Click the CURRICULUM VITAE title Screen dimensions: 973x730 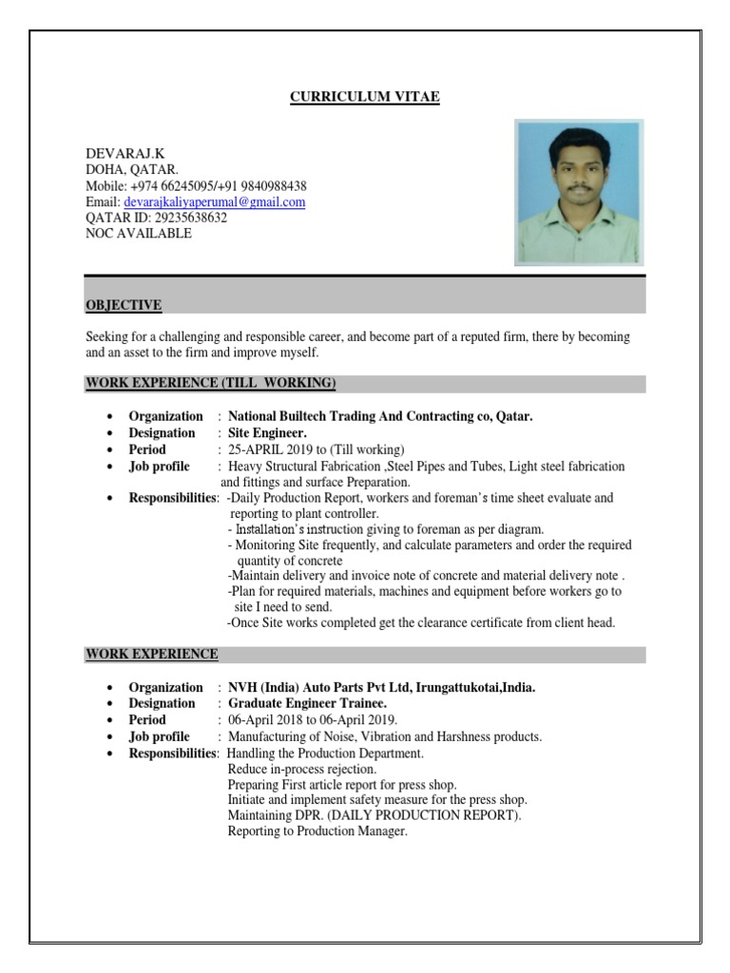(x=365, y=97)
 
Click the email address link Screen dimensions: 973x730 (x=215, y=202)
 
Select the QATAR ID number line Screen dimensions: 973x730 (x=157, y=218)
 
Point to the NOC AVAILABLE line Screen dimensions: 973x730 (x=138, y=233)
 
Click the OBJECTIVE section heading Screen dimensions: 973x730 (x=124, y=305)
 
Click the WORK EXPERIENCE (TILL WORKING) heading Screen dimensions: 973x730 (x=210, y=383)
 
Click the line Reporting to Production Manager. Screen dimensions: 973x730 (x=317, y=831)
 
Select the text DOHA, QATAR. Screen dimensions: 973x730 (x=125, y=170)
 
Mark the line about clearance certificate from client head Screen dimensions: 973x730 (x=421, y=623)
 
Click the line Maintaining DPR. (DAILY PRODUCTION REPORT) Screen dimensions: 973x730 (x=375, y=815)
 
